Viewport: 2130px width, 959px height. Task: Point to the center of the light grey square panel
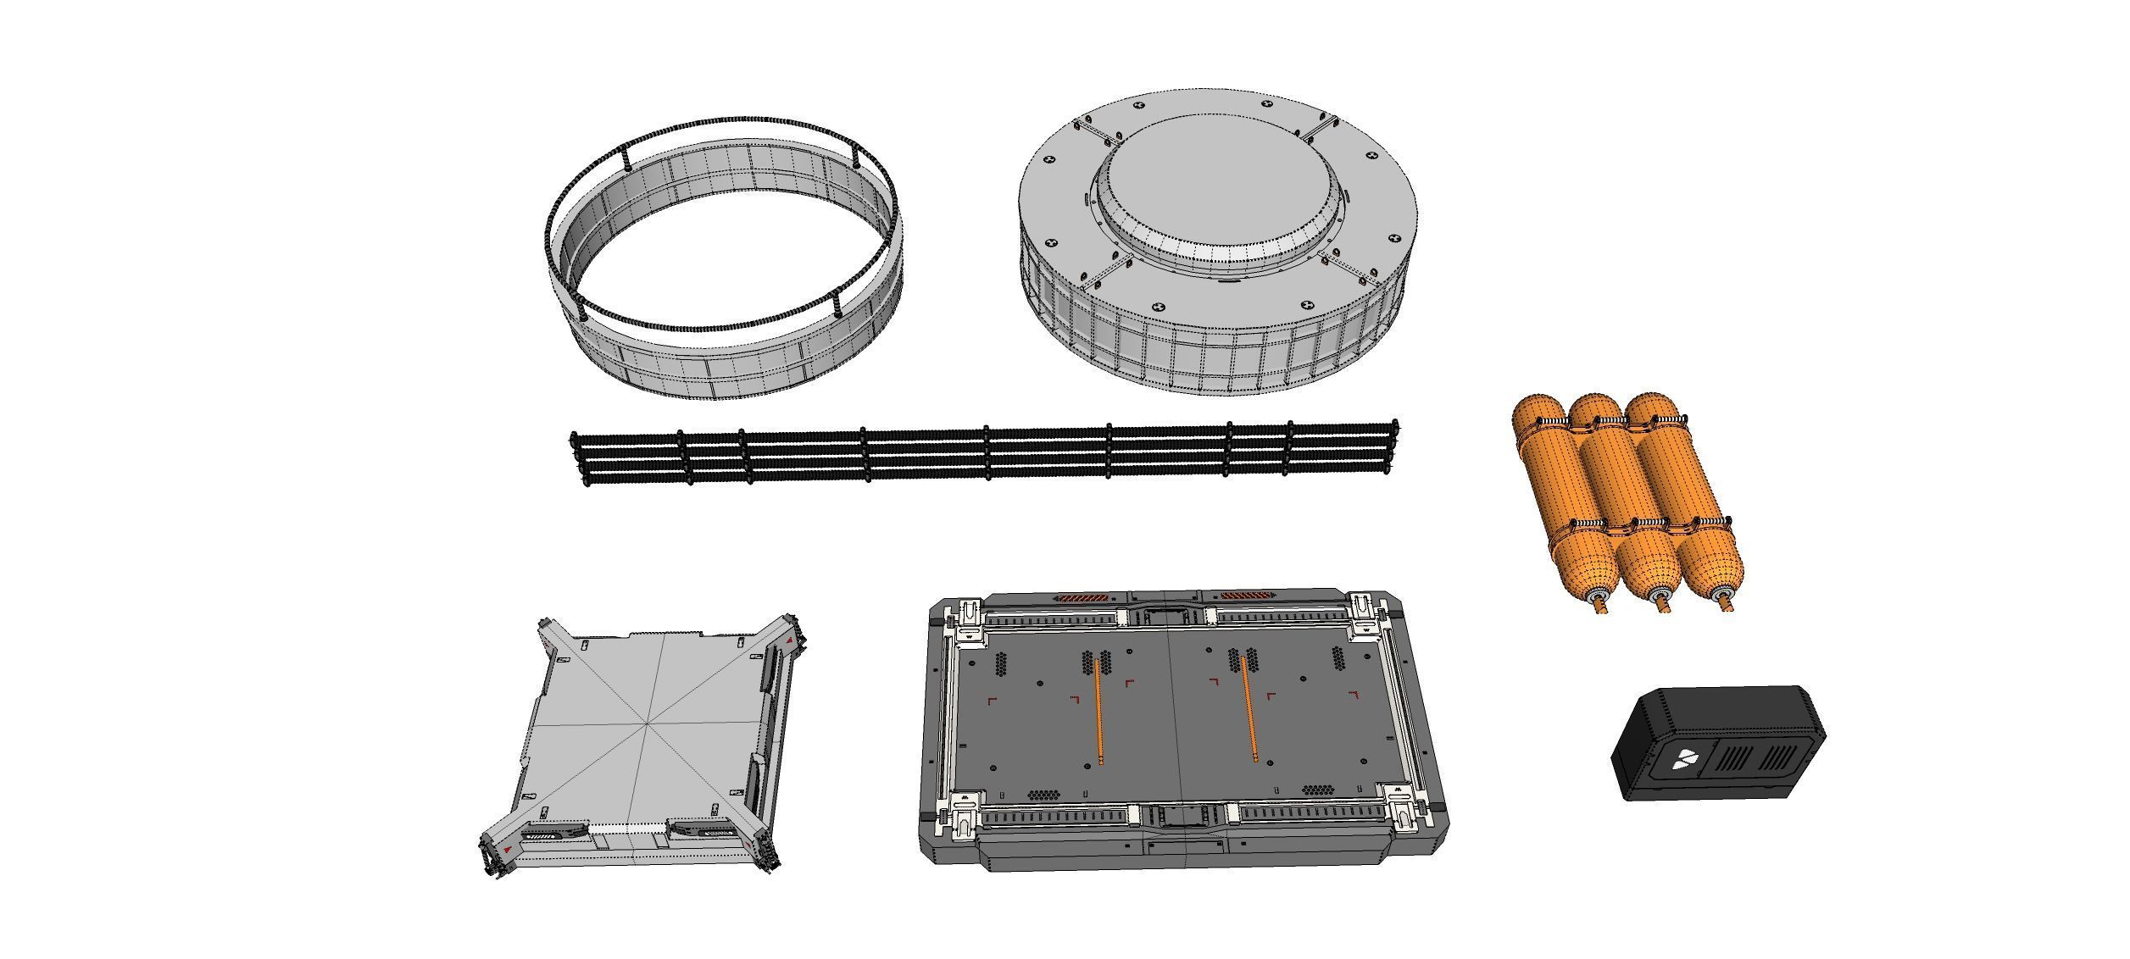tap(650, 722)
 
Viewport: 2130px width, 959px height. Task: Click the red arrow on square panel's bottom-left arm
tap(506, 846)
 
